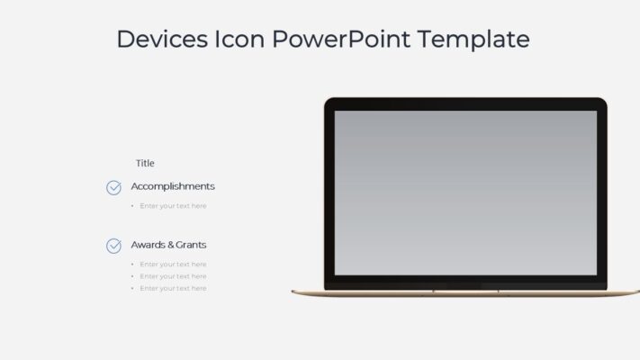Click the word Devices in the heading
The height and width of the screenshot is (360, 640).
[x=161, y=40]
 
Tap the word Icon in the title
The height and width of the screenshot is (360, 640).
[x=239, y=40]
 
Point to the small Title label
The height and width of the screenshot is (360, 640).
[x=145, y=163]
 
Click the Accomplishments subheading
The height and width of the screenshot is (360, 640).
[x=173, y=186]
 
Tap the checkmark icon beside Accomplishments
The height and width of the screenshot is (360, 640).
[x=113, y=187]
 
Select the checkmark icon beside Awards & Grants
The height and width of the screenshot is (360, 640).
[x=113, y=245]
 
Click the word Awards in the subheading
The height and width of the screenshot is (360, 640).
[x=148, y=245]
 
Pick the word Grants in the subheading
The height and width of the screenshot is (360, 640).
[x=191, y=245]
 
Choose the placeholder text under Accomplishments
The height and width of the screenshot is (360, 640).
[x=173, y=206]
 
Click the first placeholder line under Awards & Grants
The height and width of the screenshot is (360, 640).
[x=173, y=265]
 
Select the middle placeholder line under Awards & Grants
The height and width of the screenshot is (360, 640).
[x=173, y=276]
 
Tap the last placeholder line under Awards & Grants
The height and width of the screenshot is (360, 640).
[x=173, y=288]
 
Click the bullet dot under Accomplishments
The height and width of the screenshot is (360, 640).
[x=132, y=206]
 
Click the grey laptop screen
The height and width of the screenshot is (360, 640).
[x=465, y=193]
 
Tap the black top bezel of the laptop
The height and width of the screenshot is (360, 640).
[x=465, y=103]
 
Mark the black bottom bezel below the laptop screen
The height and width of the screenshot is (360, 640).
[x=465, y=282]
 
